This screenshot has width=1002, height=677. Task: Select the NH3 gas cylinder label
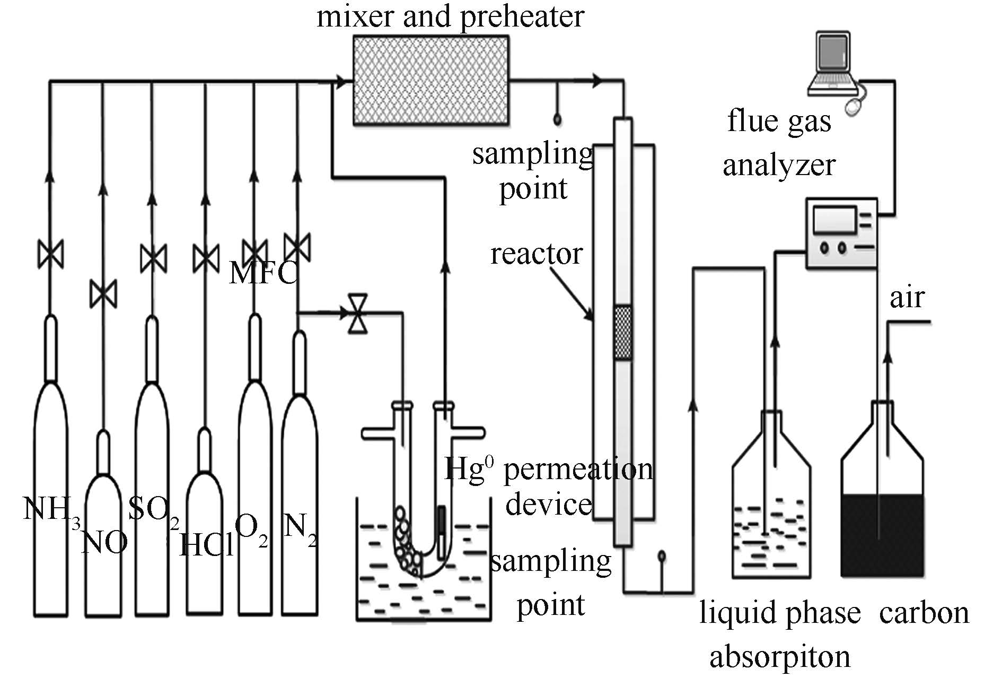coord(51,510)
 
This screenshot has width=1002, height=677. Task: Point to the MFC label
coord(263,273)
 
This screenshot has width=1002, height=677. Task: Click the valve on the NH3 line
coord(51,254)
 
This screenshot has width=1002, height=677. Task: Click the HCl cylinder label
coord(206,544)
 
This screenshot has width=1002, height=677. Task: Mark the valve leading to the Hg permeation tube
coord(358,314)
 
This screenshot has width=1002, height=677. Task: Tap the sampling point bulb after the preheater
coord(557,119)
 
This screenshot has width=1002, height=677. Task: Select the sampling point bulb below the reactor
coord(662,557)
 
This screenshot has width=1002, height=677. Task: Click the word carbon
coord(924,613)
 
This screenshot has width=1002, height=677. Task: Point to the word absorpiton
coord(779,657)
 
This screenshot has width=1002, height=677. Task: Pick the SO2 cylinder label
coord(154,510)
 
